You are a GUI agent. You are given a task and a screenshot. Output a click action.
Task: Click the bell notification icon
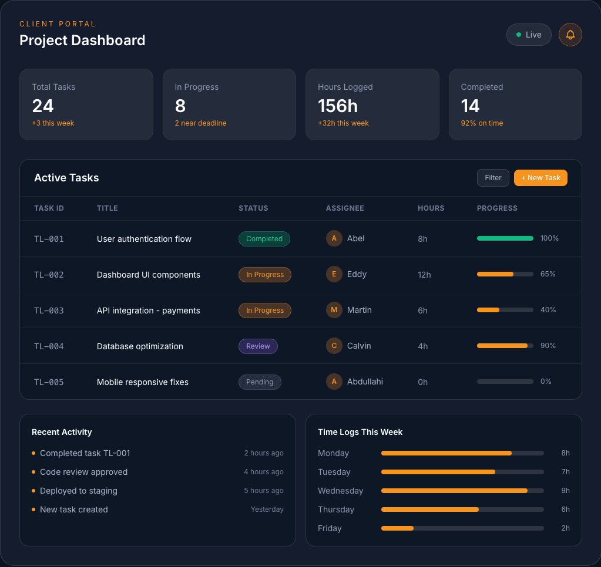pos(570,35)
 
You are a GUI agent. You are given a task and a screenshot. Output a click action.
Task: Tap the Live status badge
pos(529,35)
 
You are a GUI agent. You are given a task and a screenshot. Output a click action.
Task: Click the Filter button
pos(493,178)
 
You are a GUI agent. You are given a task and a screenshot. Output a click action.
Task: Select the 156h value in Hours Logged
pos(338,106)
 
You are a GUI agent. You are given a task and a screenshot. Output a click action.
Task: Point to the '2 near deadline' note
pos(200,123)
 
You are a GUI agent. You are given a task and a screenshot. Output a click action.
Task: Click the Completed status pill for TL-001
pos(264,239)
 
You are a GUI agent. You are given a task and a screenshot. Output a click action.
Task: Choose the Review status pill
pos(258,346)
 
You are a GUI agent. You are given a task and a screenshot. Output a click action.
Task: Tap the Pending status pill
pos(260,382)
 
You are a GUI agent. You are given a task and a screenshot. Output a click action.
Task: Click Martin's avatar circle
pos(334,310)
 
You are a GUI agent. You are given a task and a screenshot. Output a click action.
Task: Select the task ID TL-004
pos(49,346)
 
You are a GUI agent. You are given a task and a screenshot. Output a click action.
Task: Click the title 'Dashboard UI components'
pos(149,275)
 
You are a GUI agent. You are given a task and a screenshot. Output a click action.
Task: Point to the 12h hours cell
pos(424,275)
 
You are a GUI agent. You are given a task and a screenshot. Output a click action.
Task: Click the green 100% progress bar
pos(505,238)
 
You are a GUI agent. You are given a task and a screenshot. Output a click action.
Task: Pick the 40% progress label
pos(548,310)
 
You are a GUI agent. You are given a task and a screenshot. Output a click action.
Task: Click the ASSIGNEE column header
pos(345,208)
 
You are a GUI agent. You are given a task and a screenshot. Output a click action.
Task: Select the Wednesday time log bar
pos(462,491)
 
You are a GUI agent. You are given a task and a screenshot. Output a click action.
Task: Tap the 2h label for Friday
pos(565,528)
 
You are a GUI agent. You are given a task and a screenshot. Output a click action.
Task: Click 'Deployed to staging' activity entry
pos(79,491)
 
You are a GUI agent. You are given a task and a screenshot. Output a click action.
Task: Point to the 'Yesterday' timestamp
pos(267,509)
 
